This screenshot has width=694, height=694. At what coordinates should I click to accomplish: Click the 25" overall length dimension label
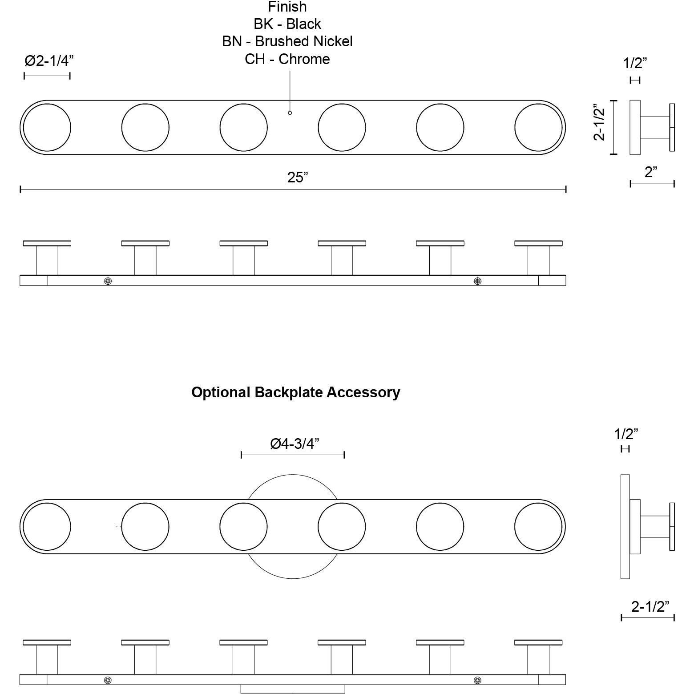[298, 178]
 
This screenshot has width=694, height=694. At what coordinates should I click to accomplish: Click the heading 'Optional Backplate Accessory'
[295, 392]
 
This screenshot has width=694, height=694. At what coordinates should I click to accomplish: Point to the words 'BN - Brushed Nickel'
[287, 41]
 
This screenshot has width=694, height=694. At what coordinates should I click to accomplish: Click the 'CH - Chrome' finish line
[287, 59]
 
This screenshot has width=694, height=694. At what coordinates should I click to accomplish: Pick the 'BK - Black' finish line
[287, 24]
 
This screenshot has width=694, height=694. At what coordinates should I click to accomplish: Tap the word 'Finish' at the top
[287, 7]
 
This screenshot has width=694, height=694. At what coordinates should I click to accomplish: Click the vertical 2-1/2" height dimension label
[600, 122]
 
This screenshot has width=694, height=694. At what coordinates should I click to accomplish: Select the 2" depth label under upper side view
[651, 172]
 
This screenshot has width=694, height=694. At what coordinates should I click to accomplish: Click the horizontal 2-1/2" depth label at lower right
[650, 606]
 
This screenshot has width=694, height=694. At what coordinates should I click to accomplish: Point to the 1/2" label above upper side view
[635, 63]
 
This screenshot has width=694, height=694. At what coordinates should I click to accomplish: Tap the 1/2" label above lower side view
[626, 434]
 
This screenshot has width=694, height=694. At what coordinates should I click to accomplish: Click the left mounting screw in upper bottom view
[108, 281]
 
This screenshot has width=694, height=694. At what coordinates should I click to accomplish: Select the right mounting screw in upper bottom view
[478, 281]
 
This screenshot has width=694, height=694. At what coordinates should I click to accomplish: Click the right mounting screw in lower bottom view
[478, 680]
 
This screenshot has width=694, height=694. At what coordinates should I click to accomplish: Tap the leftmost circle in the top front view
[47, 128]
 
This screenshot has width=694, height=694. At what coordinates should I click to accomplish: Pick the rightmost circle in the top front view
[538, 128]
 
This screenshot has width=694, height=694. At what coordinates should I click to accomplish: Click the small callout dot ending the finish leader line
[290, 113]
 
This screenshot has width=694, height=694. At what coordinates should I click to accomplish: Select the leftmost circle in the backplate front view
[47, 527]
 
